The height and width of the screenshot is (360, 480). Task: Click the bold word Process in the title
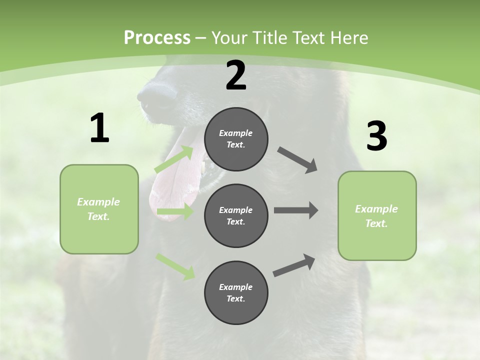click(157, 38)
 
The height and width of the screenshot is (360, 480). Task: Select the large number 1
click(99, 128)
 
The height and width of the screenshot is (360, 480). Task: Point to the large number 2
click(236, 75)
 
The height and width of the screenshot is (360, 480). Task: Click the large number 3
click(376, 136)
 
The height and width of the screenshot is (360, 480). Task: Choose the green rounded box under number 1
click(99, 209)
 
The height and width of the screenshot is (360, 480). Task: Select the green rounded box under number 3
click(377, 216)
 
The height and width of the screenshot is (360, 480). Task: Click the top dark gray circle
click(236, 139)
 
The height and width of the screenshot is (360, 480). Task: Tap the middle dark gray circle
click(236, 215)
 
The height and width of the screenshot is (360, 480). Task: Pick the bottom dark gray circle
click(236, 292)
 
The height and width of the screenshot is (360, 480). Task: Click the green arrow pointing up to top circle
click(174, 159)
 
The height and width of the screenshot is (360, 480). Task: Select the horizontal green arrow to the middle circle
click(175, 211)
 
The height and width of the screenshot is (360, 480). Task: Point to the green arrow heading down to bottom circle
click(175, 266)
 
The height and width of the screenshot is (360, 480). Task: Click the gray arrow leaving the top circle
click(297, 160)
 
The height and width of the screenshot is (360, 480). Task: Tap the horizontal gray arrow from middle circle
click(295, 210)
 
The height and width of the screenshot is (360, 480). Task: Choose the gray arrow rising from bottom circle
click(294, 265)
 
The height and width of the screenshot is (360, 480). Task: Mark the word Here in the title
click(348, 38)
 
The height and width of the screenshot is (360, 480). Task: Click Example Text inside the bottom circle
click(236, 292)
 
